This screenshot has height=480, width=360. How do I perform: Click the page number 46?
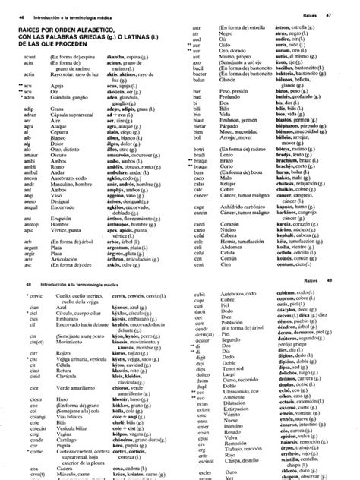(10, 17)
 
